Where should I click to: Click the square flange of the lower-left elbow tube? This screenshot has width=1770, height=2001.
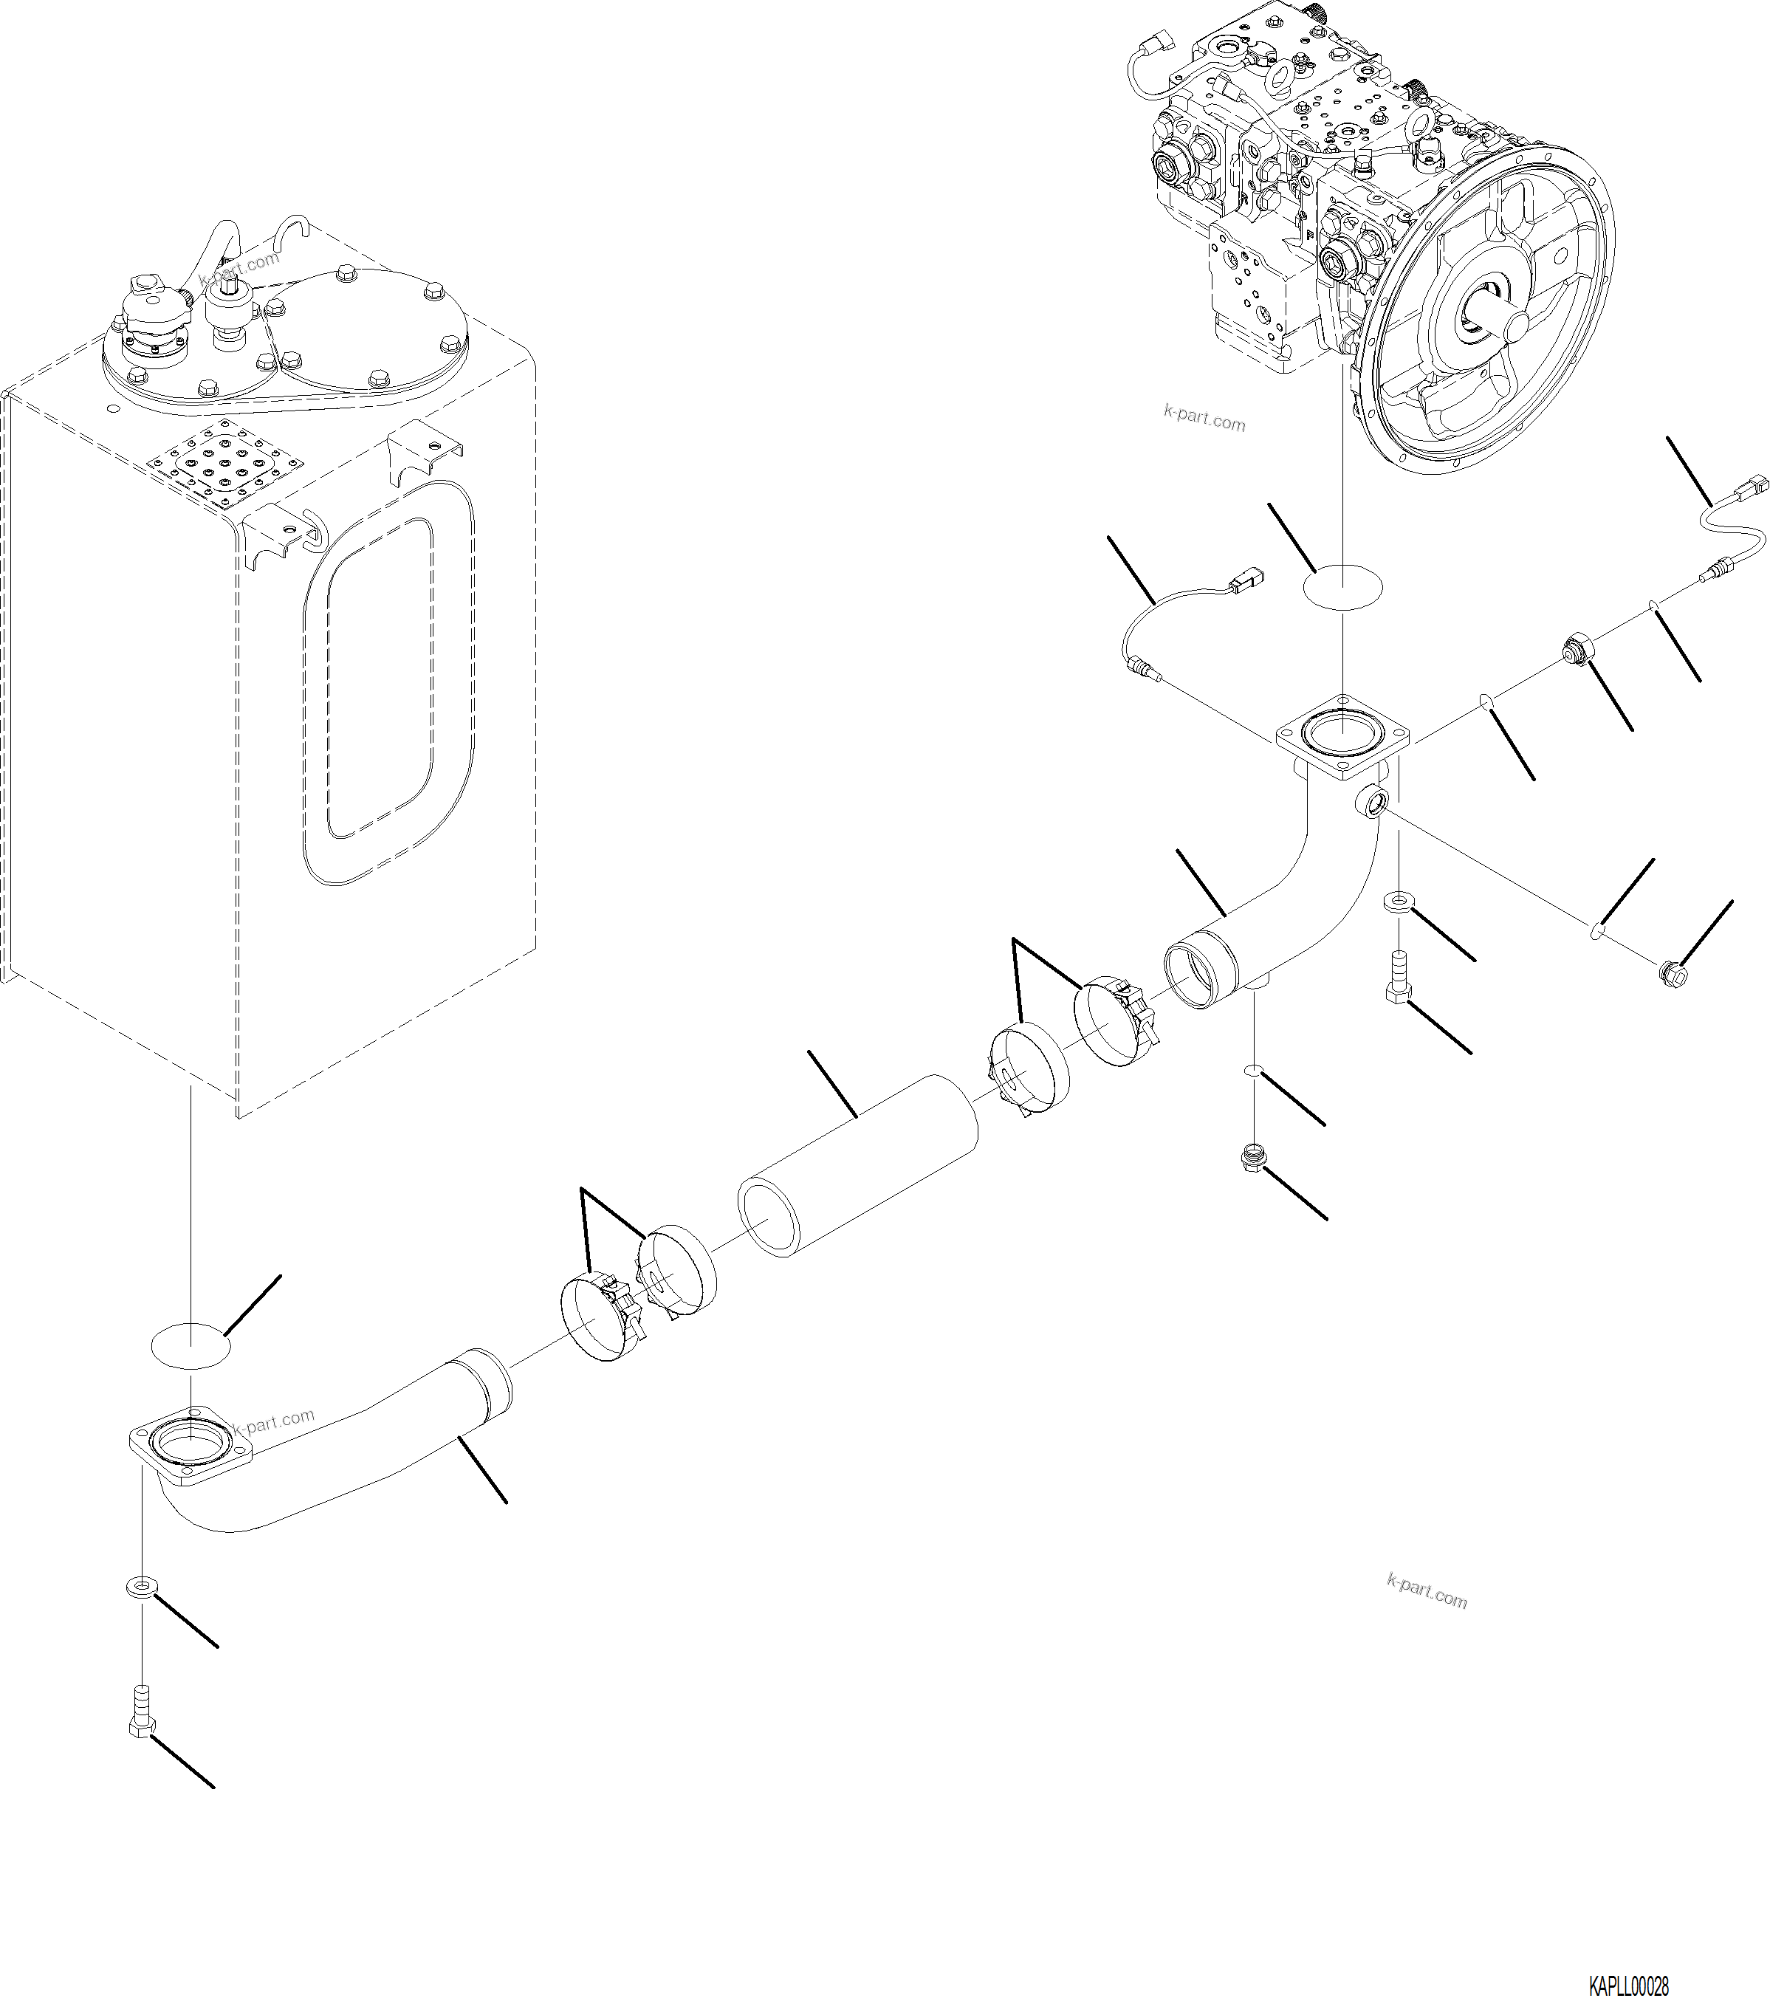[x=191, y=1451]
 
